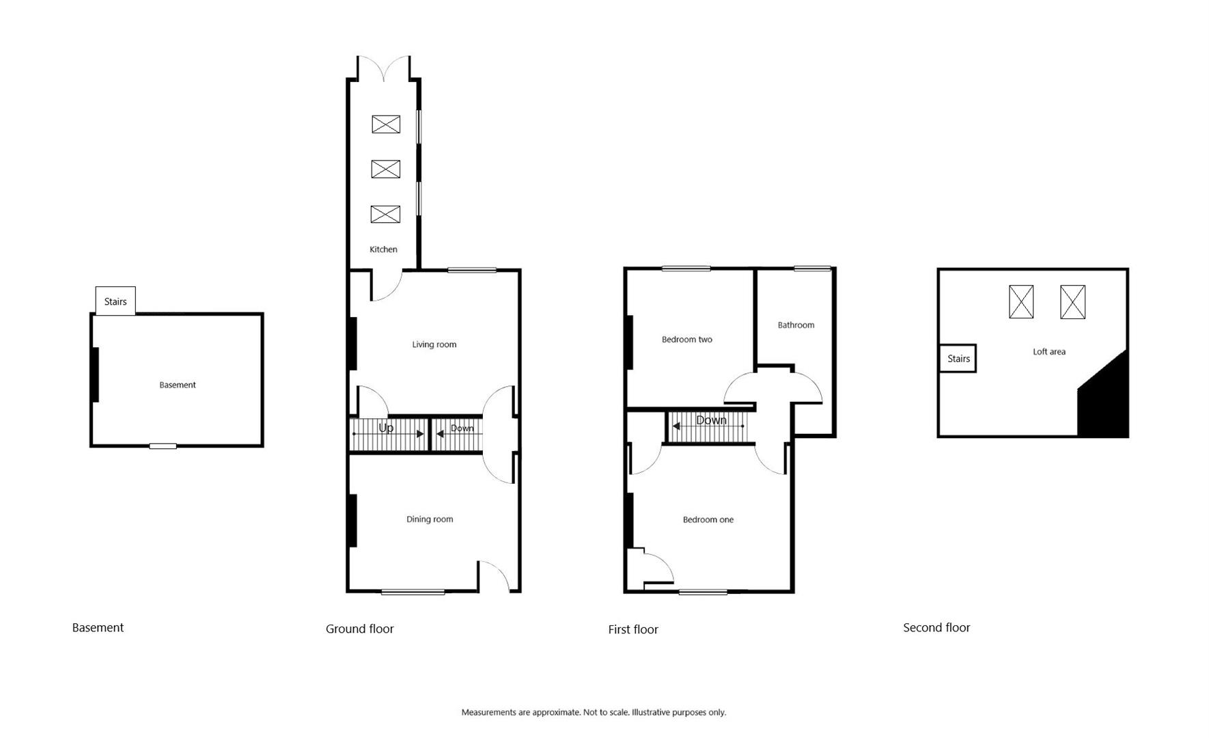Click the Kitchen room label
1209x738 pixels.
(383, 249)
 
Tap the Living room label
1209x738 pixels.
(434, 344)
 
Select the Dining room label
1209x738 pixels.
(430, 519)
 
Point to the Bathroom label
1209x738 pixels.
(796, 325)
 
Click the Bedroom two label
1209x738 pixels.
(686, 340)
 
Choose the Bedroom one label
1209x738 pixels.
(708, 520)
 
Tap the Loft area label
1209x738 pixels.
(1048, 352)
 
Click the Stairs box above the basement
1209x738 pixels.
(115, 301)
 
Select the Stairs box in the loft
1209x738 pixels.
(958, 359)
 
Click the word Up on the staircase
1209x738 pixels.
(386, 428)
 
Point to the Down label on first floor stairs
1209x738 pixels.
(711, 420)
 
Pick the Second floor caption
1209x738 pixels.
(936, 628)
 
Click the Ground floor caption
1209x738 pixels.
(359, 629)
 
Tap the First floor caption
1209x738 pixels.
(633, 630)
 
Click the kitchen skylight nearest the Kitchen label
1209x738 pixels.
(385, 215)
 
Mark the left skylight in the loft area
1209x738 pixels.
(1021, 302)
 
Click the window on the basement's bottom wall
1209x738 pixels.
(163, 446)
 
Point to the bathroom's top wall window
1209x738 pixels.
(812, 269)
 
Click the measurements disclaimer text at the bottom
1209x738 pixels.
(593, 713)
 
